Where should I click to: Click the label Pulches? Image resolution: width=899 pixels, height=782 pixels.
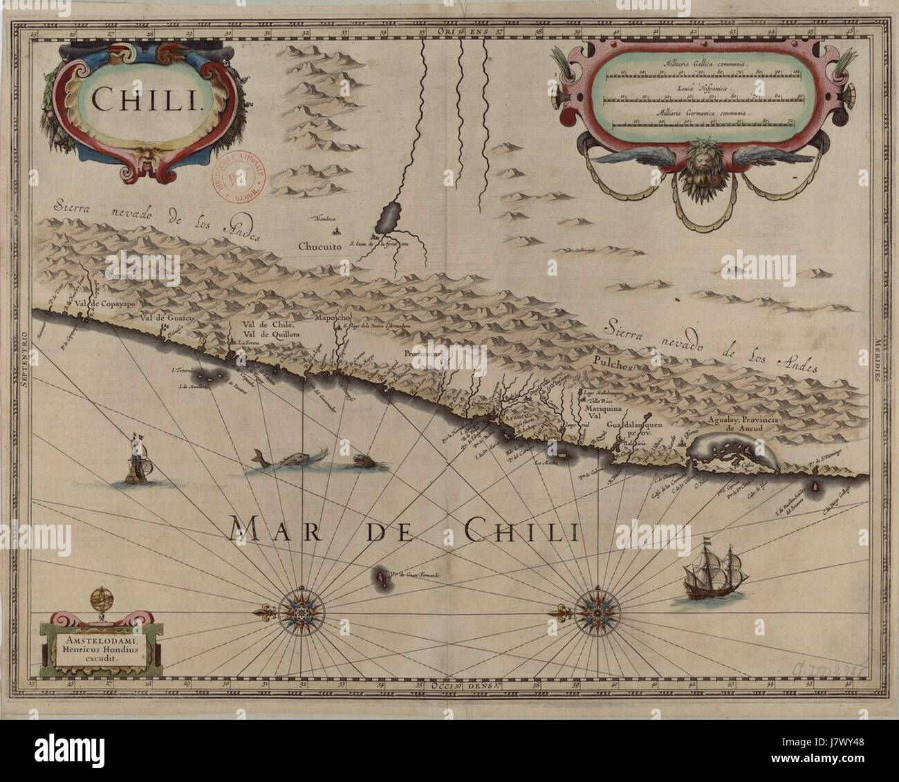(612, 367)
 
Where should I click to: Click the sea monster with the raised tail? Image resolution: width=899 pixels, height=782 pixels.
(277, 463)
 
